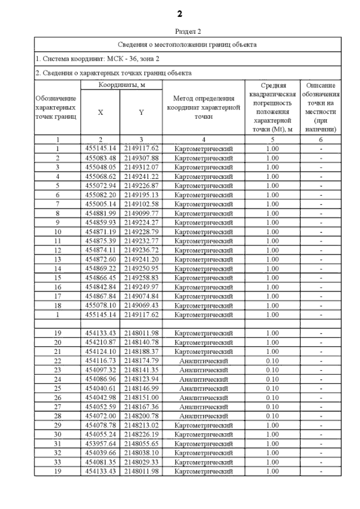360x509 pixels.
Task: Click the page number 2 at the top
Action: click(180, 14)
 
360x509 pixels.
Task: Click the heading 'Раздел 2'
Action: click(188, 31)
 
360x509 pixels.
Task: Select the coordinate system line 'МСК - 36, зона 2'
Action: click(97, 59)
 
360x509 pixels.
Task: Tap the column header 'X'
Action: click(100, 112)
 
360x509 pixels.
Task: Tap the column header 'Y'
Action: click(141, 112)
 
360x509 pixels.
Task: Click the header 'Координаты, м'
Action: click(122, 85)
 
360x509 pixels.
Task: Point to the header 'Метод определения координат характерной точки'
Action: click(203, 107)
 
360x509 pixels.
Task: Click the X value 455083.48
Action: click(100, 158)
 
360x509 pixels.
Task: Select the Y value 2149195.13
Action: click(141, 195)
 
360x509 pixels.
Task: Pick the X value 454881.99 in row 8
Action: click(100, 213)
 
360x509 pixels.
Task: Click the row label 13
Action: click(57, 259)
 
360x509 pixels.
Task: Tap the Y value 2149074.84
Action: click(141, 296)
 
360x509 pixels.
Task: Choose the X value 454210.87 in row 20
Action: click(100, 342)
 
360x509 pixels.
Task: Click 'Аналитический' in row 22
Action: click(203, 361)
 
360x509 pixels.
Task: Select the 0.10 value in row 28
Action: click(272, 416)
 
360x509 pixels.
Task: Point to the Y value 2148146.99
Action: click(141, 388)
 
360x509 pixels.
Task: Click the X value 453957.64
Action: click(100, 444)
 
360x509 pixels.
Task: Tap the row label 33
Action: click(57, 462)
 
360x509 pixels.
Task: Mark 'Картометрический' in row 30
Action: click(203, 435)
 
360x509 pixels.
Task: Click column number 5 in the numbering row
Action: click(272, 139)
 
